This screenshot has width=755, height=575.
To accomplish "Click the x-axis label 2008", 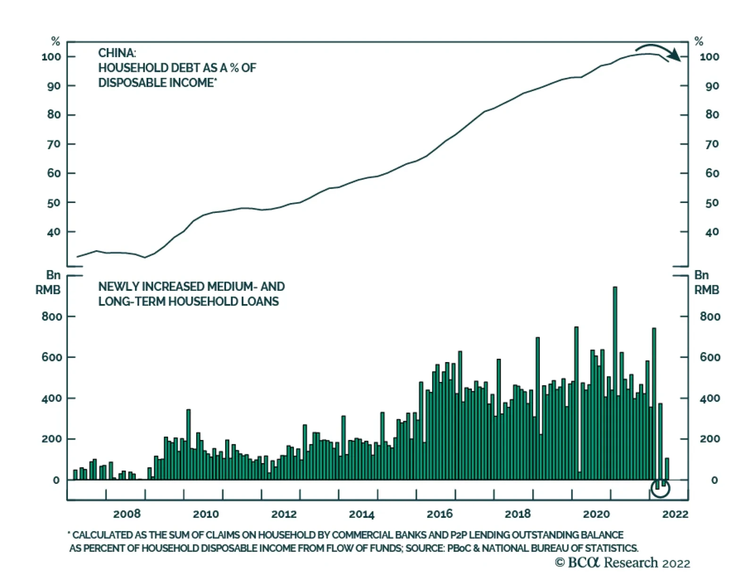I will (127, 514).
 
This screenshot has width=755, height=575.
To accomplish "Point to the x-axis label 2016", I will (439, 514).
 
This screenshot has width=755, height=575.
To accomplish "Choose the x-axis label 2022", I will (675, 514).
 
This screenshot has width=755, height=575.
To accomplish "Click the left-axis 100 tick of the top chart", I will (51, 57).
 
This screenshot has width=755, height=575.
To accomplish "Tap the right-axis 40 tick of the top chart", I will (712, 232).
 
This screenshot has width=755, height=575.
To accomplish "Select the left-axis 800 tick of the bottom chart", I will (52, 316).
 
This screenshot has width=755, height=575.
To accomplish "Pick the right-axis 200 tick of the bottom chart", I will (710, 439).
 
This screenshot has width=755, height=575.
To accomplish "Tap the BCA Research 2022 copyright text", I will (622, 563).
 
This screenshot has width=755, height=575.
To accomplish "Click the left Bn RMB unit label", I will (49, 282).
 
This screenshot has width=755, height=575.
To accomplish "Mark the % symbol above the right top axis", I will (699, 42).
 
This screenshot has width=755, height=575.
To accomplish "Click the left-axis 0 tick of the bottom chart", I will (56, 480).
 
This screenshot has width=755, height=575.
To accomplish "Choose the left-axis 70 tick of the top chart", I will (54, 144).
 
